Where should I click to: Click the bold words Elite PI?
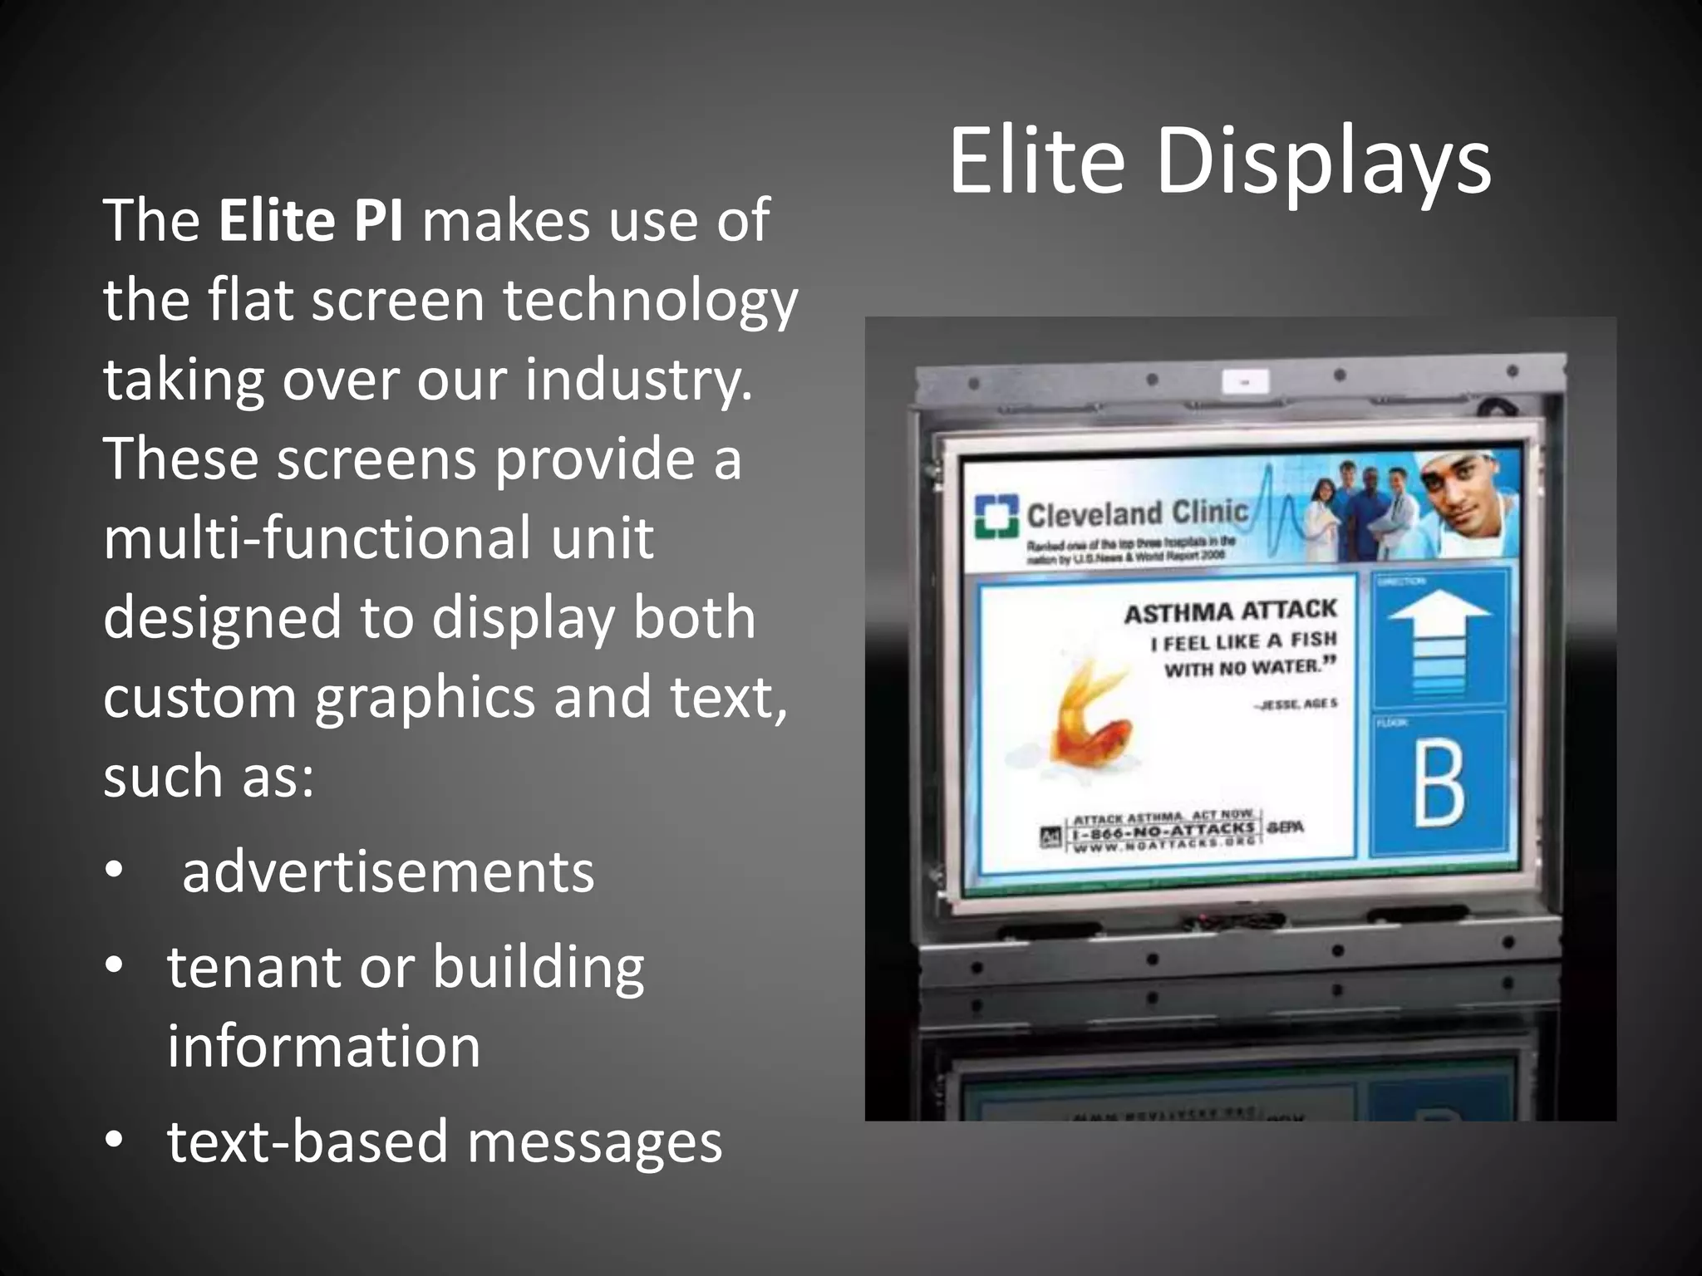click(x=312, y=220)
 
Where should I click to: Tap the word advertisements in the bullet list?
click(x=388, y=872)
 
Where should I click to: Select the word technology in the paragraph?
click(x=650, y=301)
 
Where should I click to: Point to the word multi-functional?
click(x=316, y=538)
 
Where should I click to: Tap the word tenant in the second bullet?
click(x=253, y=967)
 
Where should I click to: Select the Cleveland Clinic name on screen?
click(x=1138, y=513)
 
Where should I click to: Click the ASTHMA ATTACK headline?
click(x=1230, y=611)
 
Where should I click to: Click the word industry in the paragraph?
click(x=637, y=380)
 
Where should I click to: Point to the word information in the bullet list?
click(x=323, y=1047)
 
